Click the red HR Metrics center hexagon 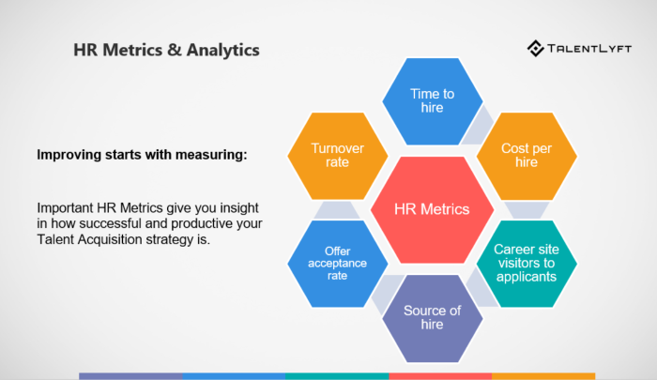[433, 208]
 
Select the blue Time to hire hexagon [433, 100]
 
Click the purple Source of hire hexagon [433, 318]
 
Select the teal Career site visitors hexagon [527, 264]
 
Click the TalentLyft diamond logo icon [536, 49]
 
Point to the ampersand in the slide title [172, 49]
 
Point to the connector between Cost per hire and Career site [527, 209]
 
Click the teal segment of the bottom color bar [337, 376]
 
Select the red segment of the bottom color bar [440, 376]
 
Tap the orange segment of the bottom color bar [543, 376]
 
